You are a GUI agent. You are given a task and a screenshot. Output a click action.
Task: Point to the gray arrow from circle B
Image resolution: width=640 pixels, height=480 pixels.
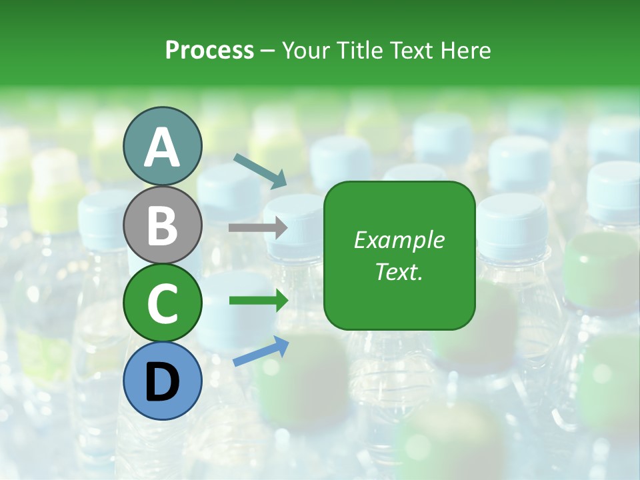click(258, 228)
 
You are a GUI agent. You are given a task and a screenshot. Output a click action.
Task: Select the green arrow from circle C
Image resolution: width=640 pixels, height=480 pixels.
click(259, 301)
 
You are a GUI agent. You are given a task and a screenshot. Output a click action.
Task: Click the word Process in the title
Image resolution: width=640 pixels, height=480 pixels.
click(209, 51)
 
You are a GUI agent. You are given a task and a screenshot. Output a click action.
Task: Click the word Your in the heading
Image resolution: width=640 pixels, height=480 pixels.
click(307, 51)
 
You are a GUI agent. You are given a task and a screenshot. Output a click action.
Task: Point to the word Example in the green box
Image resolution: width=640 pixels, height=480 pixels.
click(399, 240)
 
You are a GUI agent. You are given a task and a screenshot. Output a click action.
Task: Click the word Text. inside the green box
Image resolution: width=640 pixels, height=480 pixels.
click(399, 271)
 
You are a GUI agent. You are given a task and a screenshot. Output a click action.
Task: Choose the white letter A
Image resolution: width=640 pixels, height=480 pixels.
click(163, 147)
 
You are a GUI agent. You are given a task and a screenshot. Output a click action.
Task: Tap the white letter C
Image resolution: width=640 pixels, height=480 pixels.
click(163, 304)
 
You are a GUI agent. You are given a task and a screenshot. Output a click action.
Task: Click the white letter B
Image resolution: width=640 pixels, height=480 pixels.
click(163, 225)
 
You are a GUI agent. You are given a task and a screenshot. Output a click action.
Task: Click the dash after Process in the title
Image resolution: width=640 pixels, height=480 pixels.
click(267, 51)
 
